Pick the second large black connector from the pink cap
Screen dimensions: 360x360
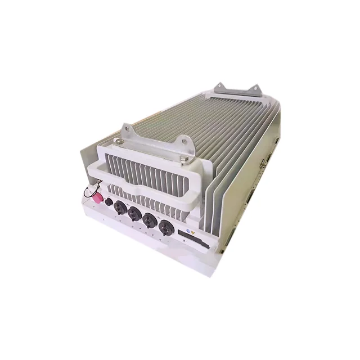point(134,214)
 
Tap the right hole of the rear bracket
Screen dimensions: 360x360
point(254,88)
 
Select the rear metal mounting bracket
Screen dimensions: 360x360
point(236,90)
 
